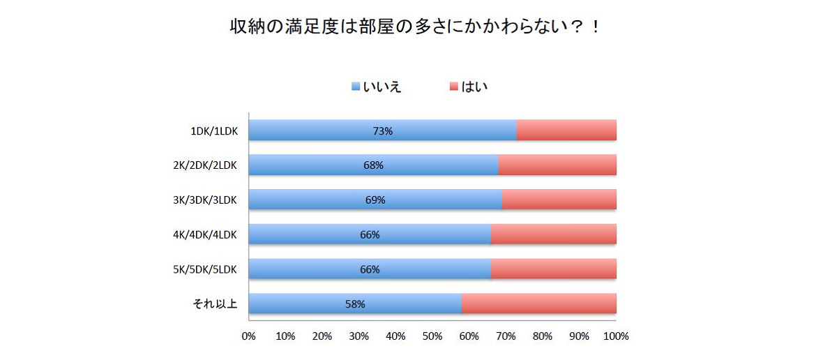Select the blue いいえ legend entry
(x=377, y=87)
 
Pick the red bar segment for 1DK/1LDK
(x=566, y=130)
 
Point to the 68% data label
(x=373, y=165)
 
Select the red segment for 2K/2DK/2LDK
(x=557, y=165)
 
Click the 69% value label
(x=375, y=200)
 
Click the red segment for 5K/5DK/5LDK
(x=554, y=269)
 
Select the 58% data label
(x=355, y=304)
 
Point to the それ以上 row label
(x=216, y=304)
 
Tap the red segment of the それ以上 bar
(x=538, y=304)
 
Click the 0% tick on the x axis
(x=248, y=336)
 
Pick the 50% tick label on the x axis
(x=432, y=336)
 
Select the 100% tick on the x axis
(x=616, y=336)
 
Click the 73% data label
(x=382, y=130)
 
